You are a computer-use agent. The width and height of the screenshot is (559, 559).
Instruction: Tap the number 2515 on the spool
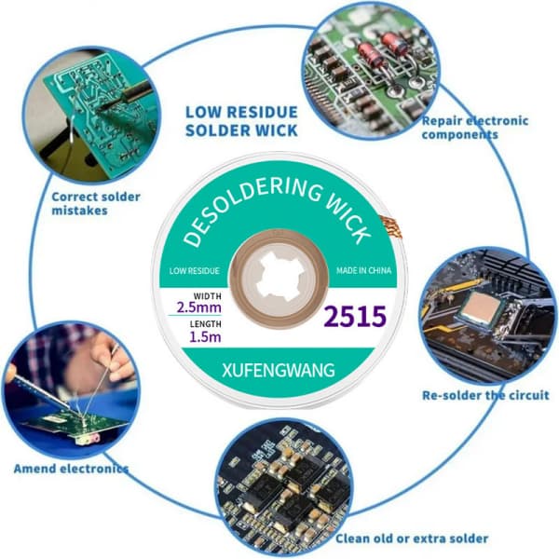pos(354,317)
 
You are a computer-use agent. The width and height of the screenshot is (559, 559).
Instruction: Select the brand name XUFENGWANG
pos(278,370)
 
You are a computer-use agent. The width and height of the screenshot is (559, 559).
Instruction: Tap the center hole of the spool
pos(279,279)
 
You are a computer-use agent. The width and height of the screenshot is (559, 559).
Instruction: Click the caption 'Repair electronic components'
pos(474,128)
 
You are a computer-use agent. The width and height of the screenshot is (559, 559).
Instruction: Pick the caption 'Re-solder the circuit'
pos(485,395)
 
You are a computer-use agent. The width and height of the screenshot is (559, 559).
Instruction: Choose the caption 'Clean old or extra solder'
pos(412,539)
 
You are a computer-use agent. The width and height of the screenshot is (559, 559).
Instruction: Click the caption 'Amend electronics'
pos(71,468)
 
